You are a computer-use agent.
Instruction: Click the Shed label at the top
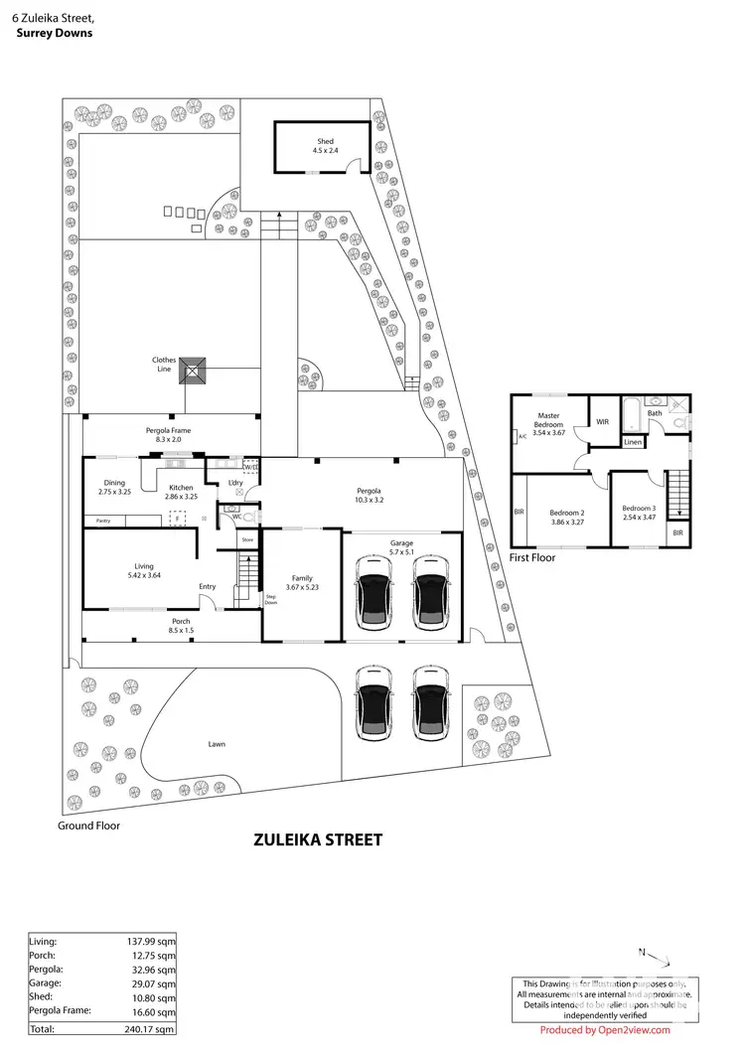coord(325,142)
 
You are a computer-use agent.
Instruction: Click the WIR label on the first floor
coord(602,422)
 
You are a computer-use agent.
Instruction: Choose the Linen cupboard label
coord(633,442)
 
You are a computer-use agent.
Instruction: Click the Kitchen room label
coord(181,488)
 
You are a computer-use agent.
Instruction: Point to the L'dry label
coord(235,483)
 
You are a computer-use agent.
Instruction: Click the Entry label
coord(207,586)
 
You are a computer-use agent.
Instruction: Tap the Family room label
coord(301,577)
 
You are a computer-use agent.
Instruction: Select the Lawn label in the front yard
coord(217,742)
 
